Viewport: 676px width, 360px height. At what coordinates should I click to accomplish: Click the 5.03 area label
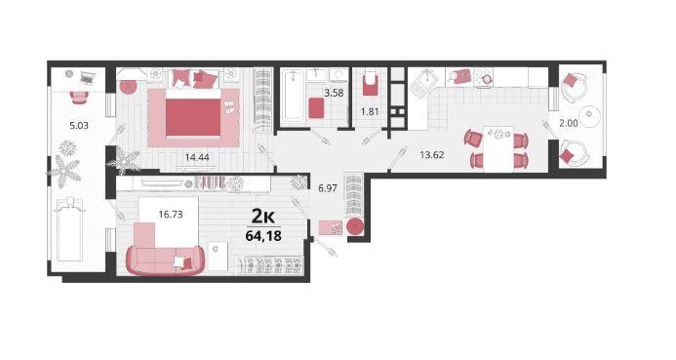79,126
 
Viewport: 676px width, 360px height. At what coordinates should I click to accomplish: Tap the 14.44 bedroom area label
197,157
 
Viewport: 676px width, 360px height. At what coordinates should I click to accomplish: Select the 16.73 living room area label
171,215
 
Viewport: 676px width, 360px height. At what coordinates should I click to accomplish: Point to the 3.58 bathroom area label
335,93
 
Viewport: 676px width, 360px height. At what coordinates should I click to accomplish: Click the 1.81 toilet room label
370,111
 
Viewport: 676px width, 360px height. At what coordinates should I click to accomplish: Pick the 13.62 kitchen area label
432,155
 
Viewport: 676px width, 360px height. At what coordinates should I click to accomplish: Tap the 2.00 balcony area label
569,123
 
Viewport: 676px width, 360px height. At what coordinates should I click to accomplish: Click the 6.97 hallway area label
328,188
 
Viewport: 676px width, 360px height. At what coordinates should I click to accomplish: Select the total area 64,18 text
263,236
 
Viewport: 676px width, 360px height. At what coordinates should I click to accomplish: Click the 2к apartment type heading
263,217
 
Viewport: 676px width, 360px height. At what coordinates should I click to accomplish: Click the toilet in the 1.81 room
370,83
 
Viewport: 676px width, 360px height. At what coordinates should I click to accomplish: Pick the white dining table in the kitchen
498,148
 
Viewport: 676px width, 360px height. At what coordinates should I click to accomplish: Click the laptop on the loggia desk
88,78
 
